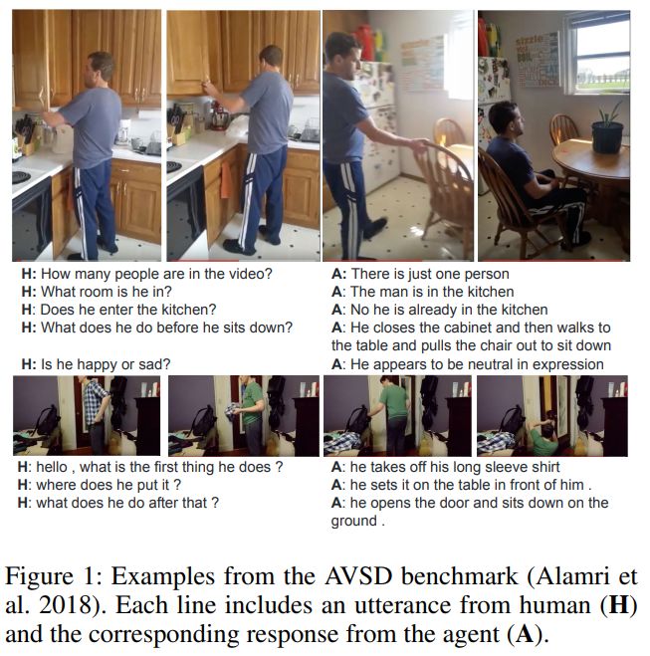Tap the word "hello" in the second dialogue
pyautogui.click(x=51, y=467)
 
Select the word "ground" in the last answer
pyautogui.click(x=353, y=522)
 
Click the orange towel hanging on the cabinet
pyautogui.click(x=226, y=179)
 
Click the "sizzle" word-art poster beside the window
pyautogui.click(x=538, y=60)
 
